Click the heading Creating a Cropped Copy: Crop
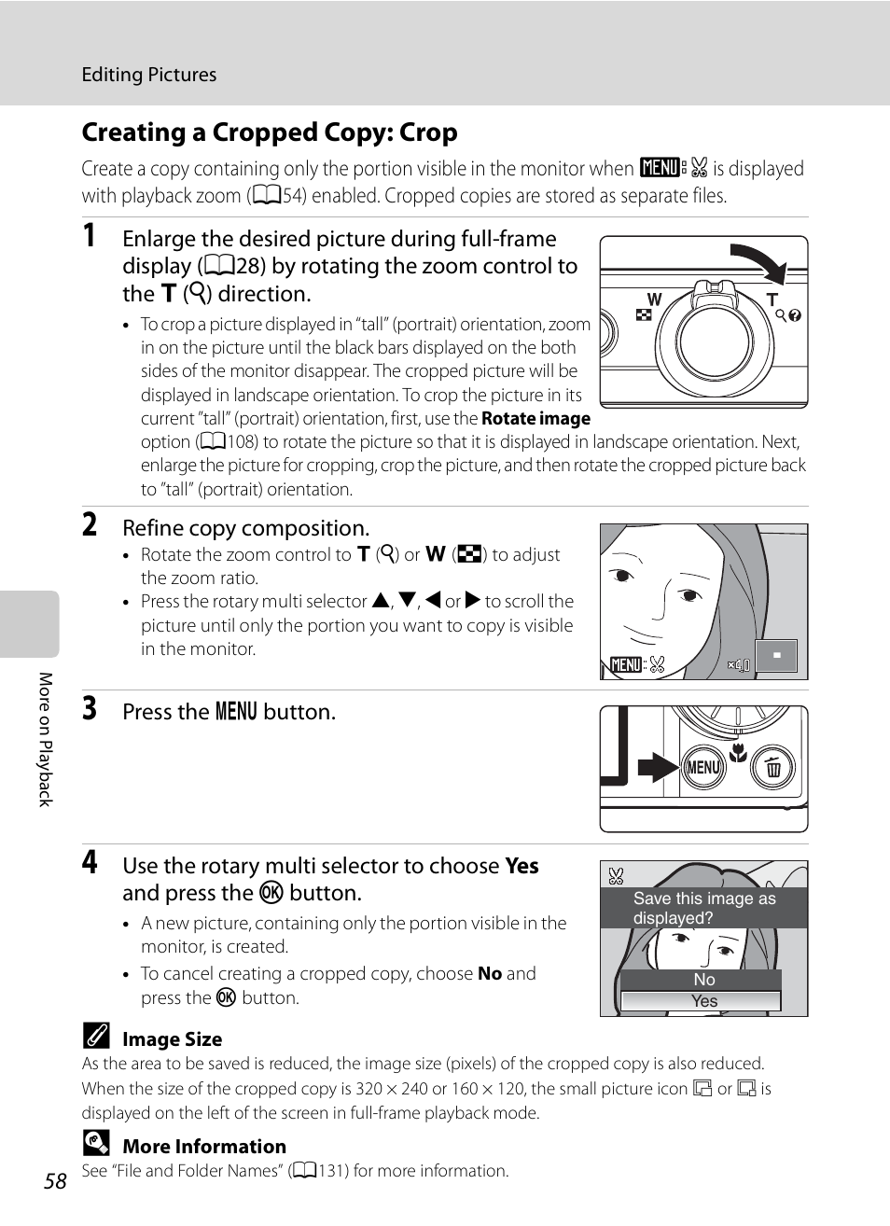point(270,132)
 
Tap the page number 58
point(56,1181)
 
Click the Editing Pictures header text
point(149,75)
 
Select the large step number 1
point(90,236)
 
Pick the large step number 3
point(90,709)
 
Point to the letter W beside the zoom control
point(654,300)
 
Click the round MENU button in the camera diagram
point(702,767)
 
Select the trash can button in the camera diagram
point(772,768)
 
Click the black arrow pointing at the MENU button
point(658,767)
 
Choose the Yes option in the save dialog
point(704,1001)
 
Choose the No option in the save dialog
point(704,980)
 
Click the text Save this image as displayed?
point(703,908)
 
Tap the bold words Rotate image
point(535,419)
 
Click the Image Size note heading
point(173,1039)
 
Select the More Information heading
point(204,1147)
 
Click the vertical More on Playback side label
point(45,739)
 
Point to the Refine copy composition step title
point(246,528)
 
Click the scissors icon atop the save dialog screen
point(616,876)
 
